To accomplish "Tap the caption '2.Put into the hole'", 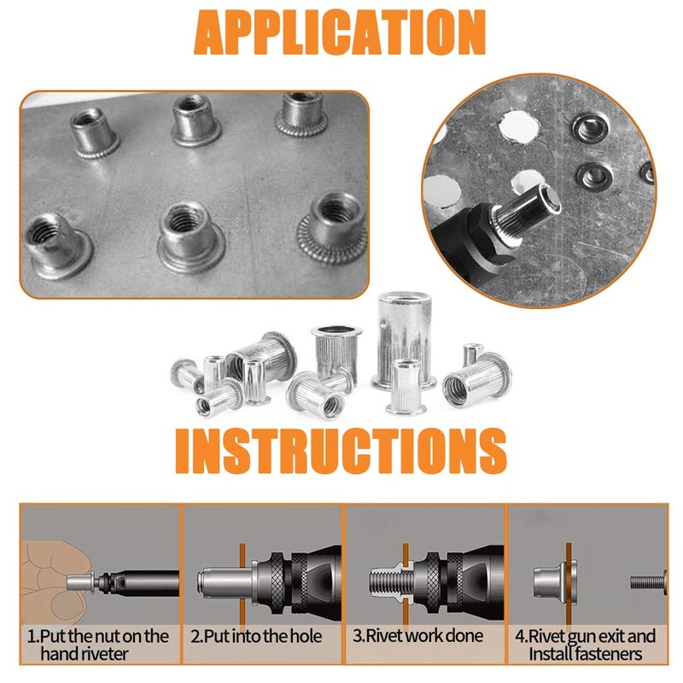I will coord(256,636).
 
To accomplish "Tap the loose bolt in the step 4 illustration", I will coord(650,582).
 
